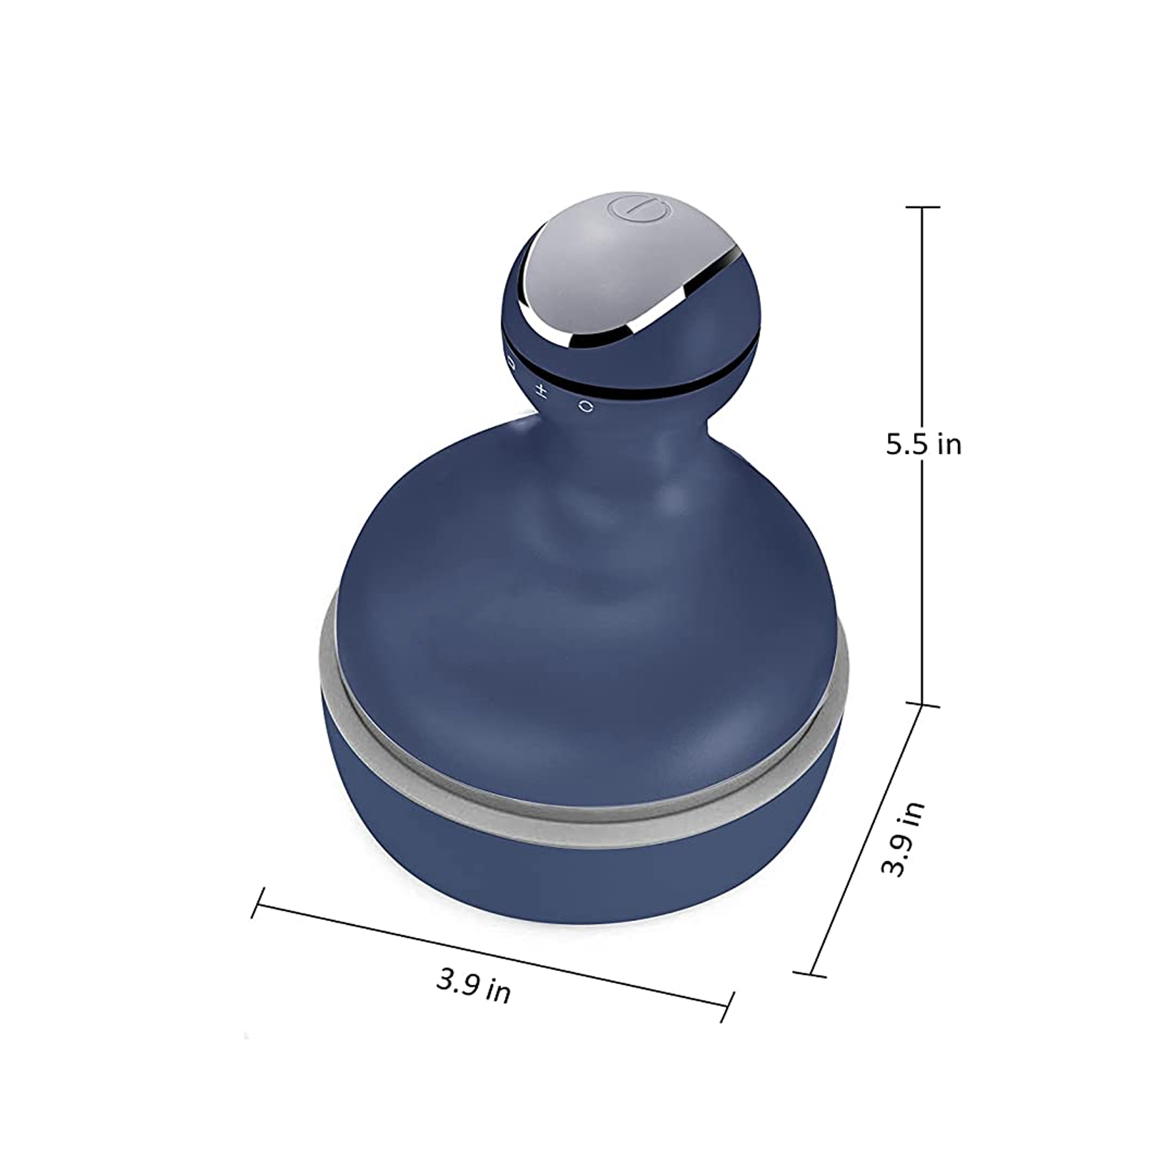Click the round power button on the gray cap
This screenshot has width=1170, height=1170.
coord(638,212)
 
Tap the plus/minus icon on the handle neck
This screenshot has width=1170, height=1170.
coord(541,391)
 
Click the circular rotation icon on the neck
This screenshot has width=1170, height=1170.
coord(586,406)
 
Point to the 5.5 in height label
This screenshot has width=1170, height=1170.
coord(923,445)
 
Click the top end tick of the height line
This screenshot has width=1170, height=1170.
coord(922,207)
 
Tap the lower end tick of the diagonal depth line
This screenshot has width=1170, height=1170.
coord(810,974)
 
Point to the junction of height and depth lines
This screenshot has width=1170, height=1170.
coord(922,705)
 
